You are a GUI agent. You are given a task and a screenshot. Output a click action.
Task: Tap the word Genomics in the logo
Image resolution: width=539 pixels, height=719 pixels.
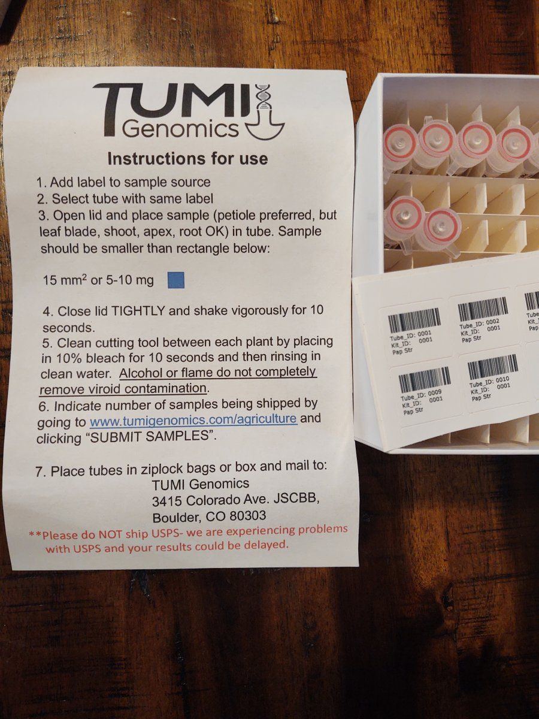click(180, 129)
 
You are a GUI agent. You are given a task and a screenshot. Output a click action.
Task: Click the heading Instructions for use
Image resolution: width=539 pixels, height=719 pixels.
click(187, 159)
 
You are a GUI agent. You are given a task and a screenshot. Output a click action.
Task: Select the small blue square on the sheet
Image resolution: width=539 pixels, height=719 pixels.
click(176, 280)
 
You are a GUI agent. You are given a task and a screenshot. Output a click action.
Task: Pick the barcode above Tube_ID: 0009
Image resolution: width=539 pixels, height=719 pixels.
click(424, 380)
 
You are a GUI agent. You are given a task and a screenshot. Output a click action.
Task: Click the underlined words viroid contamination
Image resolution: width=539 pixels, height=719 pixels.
click(124, 389)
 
